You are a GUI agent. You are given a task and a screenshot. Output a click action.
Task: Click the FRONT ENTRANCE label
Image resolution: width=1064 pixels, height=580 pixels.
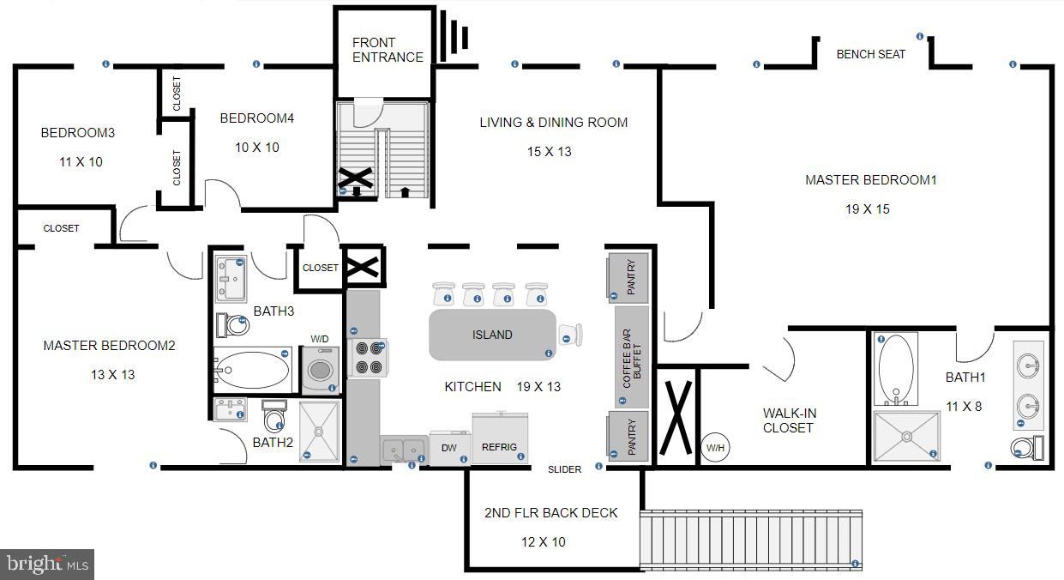tap(388, 50)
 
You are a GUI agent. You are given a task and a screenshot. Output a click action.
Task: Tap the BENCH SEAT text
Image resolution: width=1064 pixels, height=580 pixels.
tap(870, 54)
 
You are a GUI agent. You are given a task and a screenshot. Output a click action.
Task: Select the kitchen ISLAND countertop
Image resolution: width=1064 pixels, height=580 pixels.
tap(492, 335)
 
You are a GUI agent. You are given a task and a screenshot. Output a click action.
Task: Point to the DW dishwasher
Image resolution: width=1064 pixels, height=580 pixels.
tap(448, 448)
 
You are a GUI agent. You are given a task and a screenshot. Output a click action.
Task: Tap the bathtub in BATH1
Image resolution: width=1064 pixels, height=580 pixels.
tap(896, 368)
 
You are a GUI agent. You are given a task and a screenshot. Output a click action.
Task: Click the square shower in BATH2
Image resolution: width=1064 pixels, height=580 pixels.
tap(320, 432)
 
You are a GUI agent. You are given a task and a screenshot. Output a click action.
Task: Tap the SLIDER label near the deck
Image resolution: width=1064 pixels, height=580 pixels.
tap(565, 469)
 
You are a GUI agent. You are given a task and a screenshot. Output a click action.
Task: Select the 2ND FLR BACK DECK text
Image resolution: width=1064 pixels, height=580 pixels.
tap(550, 513)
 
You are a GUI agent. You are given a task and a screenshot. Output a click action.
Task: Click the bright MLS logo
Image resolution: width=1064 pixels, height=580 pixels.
tap(47, 565)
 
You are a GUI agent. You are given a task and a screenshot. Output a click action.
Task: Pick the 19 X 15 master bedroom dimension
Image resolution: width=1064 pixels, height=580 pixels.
tap(870, 209)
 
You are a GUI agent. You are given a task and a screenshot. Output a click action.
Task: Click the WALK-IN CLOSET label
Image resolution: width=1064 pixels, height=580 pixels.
tap(789, 420)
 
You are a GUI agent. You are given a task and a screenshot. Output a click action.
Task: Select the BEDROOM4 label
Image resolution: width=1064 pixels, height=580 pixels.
tap(256, 118)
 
